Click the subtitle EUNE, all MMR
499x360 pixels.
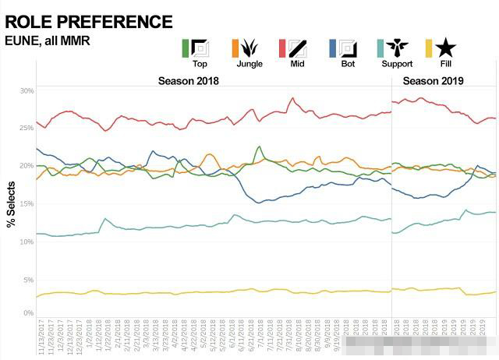tap(48, 40)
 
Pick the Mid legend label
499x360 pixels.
tap(296, 64)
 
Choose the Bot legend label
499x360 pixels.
tap(347, 64)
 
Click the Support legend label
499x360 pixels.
tap(397, 64)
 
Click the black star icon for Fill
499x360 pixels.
tap(446, 48)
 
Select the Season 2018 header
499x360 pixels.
tap(188, 81)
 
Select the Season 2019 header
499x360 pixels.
tap(434, 81)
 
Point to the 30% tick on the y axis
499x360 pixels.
tap(27, 91)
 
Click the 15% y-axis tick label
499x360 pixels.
tap(27, 204)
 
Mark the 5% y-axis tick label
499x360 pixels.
tap(29, 279)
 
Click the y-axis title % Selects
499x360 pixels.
tap(11, 204)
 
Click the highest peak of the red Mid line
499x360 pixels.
tap(292, 98)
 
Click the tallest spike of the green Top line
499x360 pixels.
tap(260, 146)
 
